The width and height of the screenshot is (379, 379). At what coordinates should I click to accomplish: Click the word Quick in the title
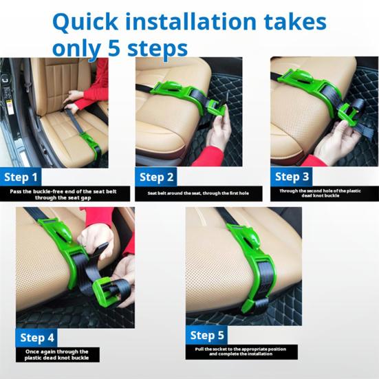[x=85, y=23]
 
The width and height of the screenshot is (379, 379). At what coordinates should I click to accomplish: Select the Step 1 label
[x=21, y=177]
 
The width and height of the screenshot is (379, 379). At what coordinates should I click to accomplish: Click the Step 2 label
[x=156, y=177]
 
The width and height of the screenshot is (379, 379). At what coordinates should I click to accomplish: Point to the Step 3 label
[x=292, y=177]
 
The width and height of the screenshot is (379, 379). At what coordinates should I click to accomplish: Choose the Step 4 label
[x=37, y=338]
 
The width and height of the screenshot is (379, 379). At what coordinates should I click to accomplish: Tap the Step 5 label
[x=207, y=335]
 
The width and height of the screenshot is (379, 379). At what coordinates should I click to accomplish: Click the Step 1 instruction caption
[x=63, y=195]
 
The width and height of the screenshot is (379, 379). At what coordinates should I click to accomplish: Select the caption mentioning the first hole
[x=198, y=193]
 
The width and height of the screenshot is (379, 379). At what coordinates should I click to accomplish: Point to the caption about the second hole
[x=320, y=193]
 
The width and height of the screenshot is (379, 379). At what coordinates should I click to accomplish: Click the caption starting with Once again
[x=57, y=355]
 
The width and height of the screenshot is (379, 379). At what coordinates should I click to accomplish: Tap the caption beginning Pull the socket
[x=241, y=351]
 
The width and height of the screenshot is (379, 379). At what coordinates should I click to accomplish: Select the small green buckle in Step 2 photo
[x=216, y=107]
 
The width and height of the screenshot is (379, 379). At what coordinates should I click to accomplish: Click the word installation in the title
[x=191, y=21]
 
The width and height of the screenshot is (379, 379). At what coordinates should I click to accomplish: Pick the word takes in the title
[x=295, y=22]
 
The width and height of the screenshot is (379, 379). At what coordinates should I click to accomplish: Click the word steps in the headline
[x=158, y=49]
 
